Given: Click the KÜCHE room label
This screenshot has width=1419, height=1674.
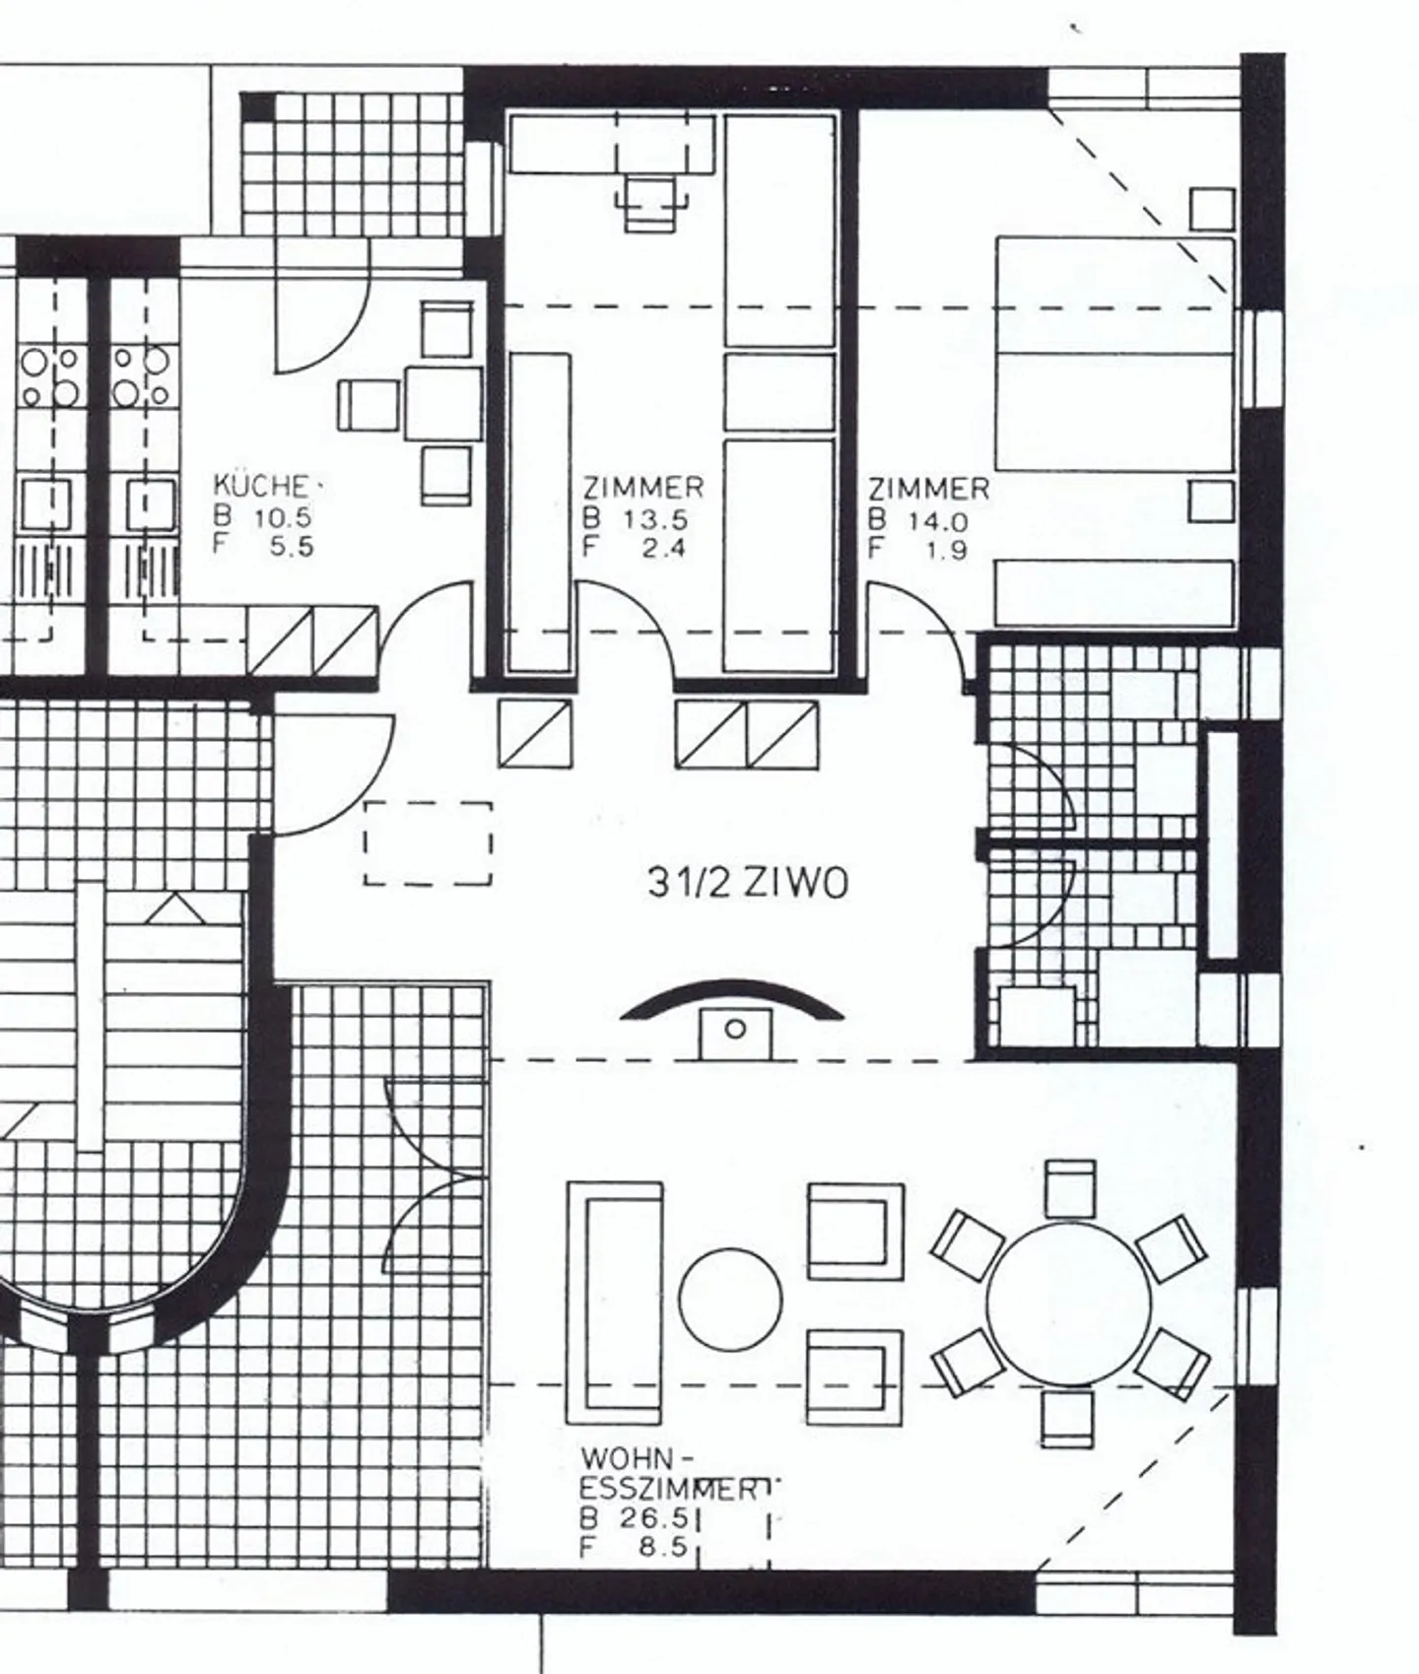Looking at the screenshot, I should tap(261, 486).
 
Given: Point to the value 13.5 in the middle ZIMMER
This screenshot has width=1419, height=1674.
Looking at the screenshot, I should tap(655, 519).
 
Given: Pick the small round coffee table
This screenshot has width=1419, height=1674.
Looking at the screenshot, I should tap(730, 1301).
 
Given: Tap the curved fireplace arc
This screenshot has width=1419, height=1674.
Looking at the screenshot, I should tap(732, 996).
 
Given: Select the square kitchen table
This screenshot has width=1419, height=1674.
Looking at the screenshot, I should tap(442, 403).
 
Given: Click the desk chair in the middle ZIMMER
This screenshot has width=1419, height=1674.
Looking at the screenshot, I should tap(650, 202).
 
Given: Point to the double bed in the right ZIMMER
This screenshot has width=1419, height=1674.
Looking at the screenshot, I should tap(1114, 353).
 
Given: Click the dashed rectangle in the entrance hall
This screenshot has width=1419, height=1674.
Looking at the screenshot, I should tap(428, 843).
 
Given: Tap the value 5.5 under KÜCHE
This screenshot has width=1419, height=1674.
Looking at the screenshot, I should tap(292, 546).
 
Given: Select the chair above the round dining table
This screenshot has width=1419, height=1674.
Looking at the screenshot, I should tap(1069, 1187).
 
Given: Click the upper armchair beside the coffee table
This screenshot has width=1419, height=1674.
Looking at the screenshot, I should tap(854, 1231).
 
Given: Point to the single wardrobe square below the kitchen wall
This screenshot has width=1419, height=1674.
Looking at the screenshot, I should tap(534, 733).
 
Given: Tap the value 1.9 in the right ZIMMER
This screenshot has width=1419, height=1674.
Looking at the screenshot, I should tap(946, 551).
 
